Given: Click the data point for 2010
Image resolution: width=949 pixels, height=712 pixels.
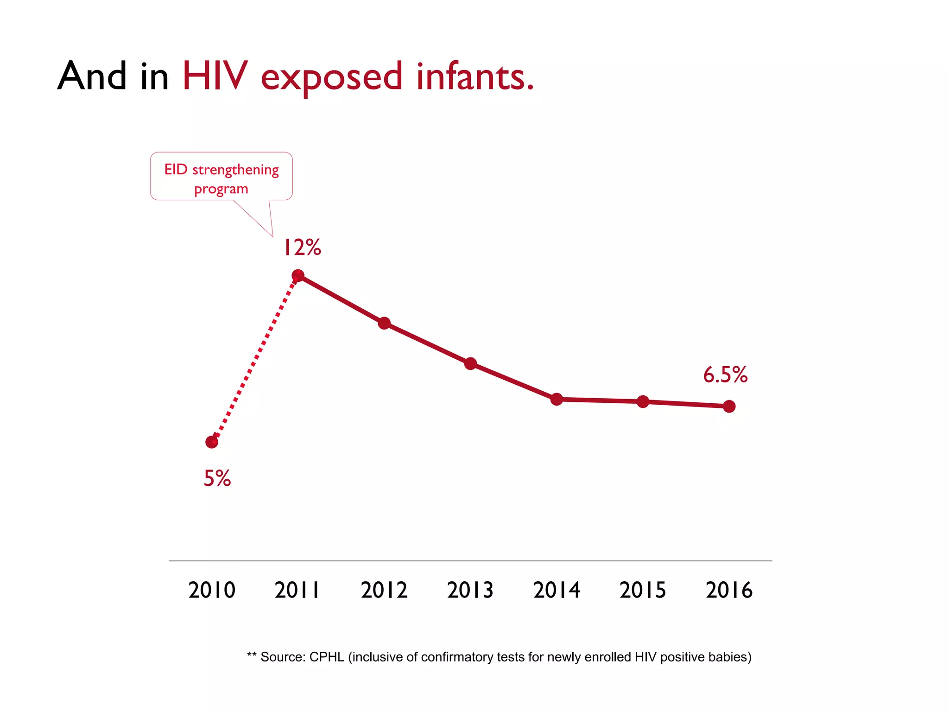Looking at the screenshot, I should [212, 442].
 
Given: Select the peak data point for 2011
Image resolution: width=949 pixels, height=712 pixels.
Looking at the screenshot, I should [298, 276].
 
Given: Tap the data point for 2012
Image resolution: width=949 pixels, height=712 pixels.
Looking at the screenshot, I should [384, 323].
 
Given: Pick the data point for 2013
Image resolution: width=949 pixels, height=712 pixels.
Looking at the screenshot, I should [470, 363].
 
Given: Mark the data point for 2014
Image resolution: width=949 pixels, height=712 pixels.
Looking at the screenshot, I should [557, 399].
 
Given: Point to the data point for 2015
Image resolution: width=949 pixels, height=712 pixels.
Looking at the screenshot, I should [643, 401].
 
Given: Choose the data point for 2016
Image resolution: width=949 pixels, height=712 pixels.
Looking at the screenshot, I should [729, 407].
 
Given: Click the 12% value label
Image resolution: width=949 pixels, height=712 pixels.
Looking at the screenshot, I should [302, 248].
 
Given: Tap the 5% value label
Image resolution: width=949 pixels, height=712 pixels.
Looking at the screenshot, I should [217, 478].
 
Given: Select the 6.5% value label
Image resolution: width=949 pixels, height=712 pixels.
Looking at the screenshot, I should [725, 375].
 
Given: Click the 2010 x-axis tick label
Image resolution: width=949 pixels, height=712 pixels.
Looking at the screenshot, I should [212, 590].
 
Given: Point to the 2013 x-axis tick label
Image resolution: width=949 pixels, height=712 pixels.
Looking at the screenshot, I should [470, 590].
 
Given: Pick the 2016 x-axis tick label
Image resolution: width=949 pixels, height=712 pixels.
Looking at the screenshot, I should [729, 590].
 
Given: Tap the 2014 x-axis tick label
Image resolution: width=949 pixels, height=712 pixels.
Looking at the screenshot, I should [557, 590].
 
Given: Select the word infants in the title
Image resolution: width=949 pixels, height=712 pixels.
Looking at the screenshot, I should [474, 76].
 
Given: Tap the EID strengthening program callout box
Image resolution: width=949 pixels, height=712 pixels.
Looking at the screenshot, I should [221, 177].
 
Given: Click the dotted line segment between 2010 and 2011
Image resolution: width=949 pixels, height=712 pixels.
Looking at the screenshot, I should [255, 359].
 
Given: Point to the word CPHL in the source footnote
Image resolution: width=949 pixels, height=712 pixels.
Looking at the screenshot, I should [326, 657].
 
